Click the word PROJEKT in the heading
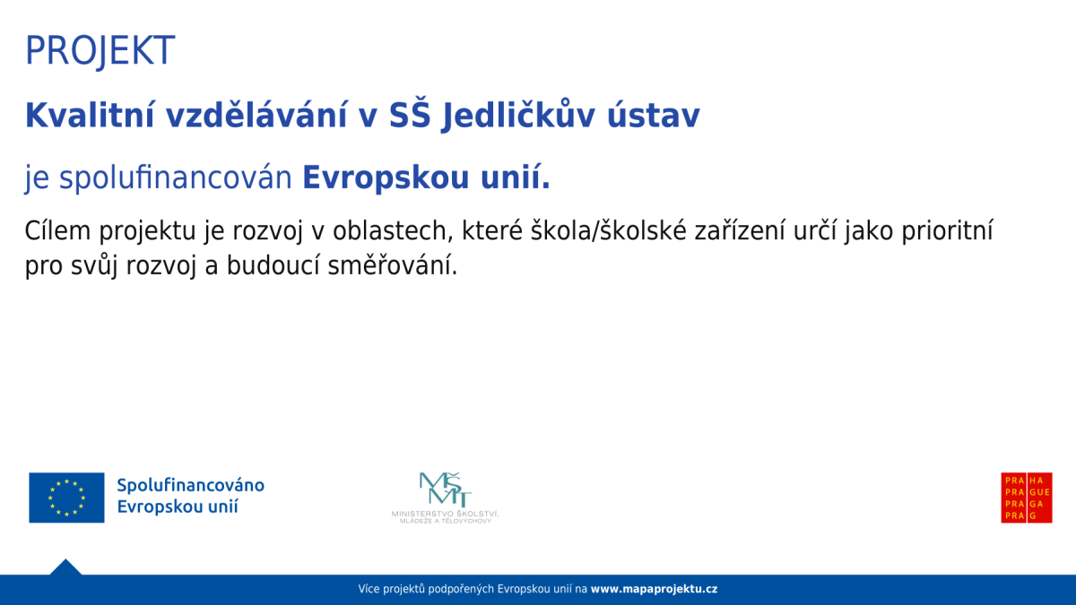pos(100,51)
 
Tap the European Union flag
pos(66,497)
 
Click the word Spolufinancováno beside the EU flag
pos(190,486)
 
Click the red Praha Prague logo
pos(1027,497)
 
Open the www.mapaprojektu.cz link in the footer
pos(654,590)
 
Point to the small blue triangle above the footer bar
pos(65,567)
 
